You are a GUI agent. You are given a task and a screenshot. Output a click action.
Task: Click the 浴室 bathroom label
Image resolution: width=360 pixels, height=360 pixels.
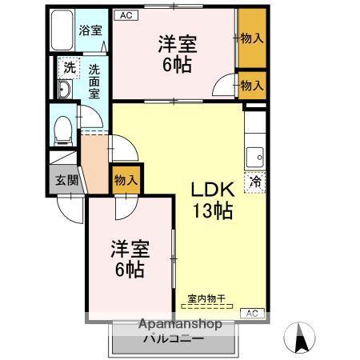89,31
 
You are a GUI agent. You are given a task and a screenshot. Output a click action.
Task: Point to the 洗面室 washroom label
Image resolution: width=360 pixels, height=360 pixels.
94,80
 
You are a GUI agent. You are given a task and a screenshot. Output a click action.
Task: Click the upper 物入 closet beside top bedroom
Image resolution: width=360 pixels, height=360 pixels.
253,37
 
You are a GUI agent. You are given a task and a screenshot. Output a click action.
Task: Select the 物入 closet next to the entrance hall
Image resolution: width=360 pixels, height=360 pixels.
127,180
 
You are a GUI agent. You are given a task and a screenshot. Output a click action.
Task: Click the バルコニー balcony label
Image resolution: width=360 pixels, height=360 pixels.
174,338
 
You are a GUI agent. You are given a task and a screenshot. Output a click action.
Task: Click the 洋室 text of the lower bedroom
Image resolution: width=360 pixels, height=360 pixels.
129,249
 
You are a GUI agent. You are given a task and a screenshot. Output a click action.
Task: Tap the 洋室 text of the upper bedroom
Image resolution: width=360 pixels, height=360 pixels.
177,44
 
